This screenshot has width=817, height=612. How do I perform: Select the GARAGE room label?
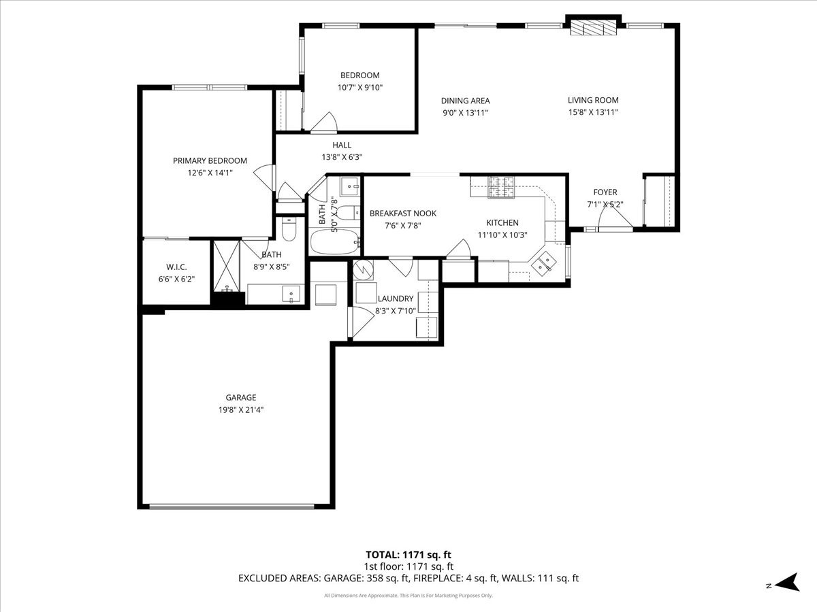(x=241, y=398)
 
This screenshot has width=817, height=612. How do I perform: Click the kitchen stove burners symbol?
(x=501, y=188)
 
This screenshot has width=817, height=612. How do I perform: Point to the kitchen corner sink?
(x=545, y=262)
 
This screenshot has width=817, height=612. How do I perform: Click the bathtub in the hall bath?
(x=334, y=241)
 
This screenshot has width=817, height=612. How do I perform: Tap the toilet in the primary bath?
(x=289, y=232)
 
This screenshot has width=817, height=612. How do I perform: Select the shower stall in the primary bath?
(x=227, y=265)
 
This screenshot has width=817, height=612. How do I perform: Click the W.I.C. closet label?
(x=176, y=267)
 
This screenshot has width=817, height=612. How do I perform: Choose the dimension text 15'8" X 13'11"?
(x=593, y=113)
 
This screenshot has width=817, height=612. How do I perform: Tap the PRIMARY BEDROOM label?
(x=210, y=160)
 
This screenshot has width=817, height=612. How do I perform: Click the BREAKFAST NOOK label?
(x=403, y=213)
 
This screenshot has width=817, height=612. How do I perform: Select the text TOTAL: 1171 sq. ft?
(x=408, y=554)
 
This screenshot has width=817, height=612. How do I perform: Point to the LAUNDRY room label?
(x=395, y=299)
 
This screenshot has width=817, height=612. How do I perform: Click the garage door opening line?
(x=232, y=506)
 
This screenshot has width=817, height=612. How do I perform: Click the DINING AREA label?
(x=465, y=101)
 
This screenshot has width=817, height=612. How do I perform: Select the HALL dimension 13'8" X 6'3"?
(x=342, y=157)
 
